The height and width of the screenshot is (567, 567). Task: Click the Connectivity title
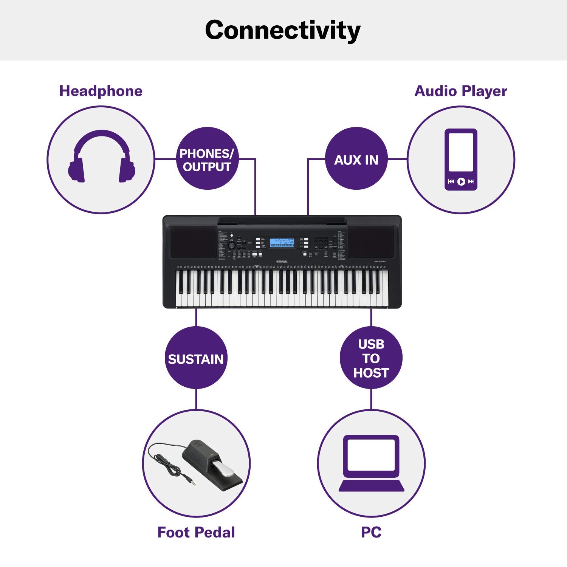(x=283, y=30)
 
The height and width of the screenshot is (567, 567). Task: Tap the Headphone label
(x=101, y=91)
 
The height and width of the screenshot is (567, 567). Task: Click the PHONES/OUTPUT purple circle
(x=207, y=159)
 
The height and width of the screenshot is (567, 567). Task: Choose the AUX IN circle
(x=356, y=159)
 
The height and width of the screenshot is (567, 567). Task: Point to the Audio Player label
(x=460, y=91)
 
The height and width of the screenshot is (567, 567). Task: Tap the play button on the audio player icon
(x=461, y=182)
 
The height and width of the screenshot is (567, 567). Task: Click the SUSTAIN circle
(x=196, y=358)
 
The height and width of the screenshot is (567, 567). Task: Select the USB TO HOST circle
(x=371, y=358)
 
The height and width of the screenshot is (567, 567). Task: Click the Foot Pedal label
(x=196, y=532)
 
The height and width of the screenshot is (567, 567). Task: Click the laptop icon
(x=371, y=463)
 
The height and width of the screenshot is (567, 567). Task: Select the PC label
(x=371, y=532)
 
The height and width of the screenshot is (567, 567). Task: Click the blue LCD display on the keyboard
(x=282, y=243)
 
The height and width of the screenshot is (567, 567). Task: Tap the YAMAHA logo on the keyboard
(x=282, y=262)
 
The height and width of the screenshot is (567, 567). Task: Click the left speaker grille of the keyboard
(x=194, y=242)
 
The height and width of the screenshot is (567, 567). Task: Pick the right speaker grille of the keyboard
(x=370, y=242)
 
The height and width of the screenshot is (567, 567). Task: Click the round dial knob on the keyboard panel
(x=232, y=245)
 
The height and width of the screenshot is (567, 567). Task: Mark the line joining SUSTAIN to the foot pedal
(x=196, y=399)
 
